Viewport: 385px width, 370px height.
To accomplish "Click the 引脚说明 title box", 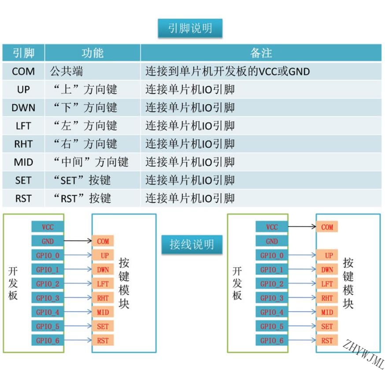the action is coord(190,28).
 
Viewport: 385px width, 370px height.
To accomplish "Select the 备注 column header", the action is coord(261,53).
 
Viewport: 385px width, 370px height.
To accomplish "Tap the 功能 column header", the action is coord(93,53).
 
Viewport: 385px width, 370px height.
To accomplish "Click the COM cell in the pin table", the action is coord(23,71).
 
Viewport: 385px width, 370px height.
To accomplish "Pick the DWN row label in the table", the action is coord(23,108).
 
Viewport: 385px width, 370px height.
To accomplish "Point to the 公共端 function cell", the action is coord(67,71).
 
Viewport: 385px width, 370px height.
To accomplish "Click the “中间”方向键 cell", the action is coord(91,162).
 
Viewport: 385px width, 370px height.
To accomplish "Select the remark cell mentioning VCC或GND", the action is coord(227,71).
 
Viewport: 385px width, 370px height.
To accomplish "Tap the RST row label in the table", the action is coord(23,198).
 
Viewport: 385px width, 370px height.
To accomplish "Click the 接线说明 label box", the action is coord(192,244).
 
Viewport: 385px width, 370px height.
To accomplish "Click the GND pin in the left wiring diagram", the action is coord(48,241).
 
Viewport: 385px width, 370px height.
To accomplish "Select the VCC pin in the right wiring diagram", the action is coord(272,227).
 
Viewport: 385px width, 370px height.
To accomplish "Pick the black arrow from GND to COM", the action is coord(78,241).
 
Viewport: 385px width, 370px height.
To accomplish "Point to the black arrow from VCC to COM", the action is coord(302,226).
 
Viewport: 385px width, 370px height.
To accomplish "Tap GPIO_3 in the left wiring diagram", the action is coord(48,298).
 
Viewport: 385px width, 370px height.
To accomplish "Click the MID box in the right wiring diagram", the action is coord(327,312).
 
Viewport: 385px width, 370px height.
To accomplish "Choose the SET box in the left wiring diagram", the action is coord(103,326).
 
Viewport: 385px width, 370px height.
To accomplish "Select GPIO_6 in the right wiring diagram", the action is coord(272,340).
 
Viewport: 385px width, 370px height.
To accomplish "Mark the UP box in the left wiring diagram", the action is coord(103,255).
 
